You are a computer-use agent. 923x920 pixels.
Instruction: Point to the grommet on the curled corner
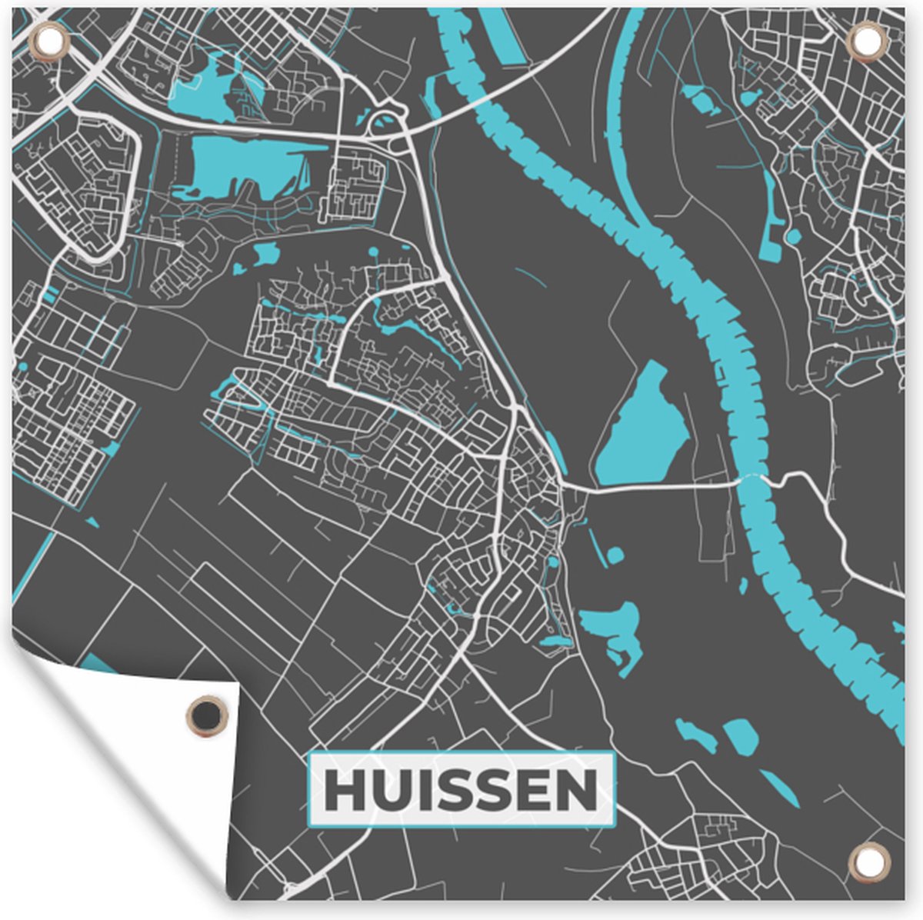[x=208, y=716]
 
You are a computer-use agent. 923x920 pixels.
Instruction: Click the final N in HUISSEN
[x=576, y=790]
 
